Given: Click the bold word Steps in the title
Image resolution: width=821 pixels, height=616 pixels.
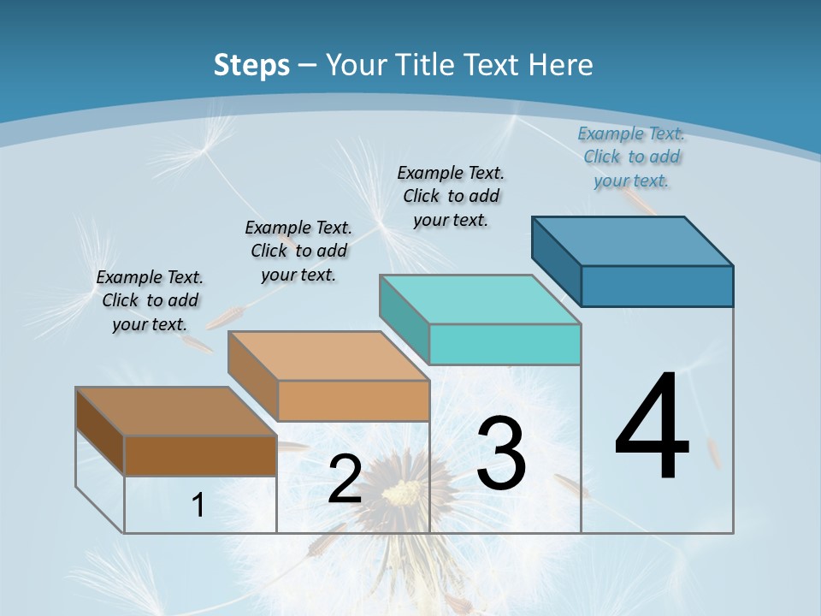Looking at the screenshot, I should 251,65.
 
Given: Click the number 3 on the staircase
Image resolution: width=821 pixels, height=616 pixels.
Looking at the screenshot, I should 501,453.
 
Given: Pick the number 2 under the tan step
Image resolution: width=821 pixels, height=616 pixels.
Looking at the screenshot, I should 345,480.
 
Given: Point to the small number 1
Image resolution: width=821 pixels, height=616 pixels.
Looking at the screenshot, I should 198,506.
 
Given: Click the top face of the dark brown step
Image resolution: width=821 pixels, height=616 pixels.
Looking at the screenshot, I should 175,412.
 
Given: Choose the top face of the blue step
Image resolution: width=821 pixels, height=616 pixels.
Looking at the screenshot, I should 633,241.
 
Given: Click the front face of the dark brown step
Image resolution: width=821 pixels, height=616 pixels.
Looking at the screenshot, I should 200,455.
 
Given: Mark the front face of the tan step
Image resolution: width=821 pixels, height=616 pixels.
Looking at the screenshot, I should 353,400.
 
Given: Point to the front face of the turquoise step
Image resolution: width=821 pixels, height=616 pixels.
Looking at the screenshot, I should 505,344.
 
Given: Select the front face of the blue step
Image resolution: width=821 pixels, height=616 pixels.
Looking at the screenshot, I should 657,286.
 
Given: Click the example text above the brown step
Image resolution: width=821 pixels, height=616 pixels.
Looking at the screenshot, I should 150,300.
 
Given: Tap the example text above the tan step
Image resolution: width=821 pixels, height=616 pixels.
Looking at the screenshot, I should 298,251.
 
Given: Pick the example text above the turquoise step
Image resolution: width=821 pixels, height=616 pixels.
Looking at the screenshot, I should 451,196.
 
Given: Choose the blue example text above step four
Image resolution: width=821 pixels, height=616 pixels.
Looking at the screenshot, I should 631,157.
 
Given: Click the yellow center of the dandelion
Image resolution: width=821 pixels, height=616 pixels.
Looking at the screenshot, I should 402,492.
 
